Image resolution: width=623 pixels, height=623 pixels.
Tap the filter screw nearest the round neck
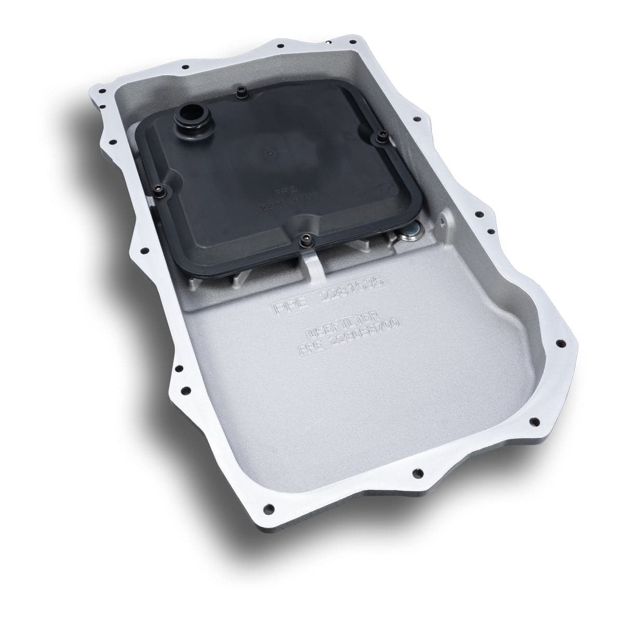pos(240,93)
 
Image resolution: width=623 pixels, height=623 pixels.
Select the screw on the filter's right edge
pos(378,138)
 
